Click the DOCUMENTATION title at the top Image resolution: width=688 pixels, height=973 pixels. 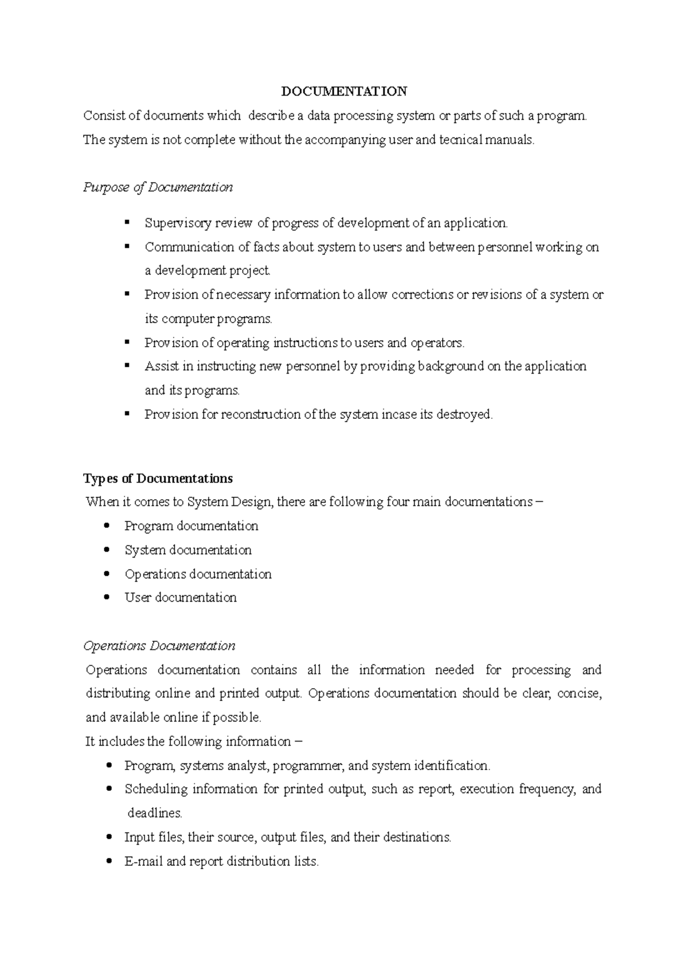pos(344,92)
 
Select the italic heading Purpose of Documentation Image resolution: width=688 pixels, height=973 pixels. pos(158,187)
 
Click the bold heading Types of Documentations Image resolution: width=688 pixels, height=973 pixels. pos(158,478)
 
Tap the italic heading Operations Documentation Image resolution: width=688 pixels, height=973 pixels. pos(159,646)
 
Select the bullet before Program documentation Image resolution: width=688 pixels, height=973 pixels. pos(107,525)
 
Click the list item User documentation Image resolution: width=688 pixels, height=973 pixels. pos(180,598)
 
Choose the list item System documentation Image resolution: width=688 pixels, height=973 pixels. pos(187,550)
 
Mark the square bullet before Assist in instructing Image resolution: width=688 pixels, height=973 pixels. pos(127,366)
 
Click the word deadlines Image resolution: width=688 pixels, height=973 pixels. pos(155,813)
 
